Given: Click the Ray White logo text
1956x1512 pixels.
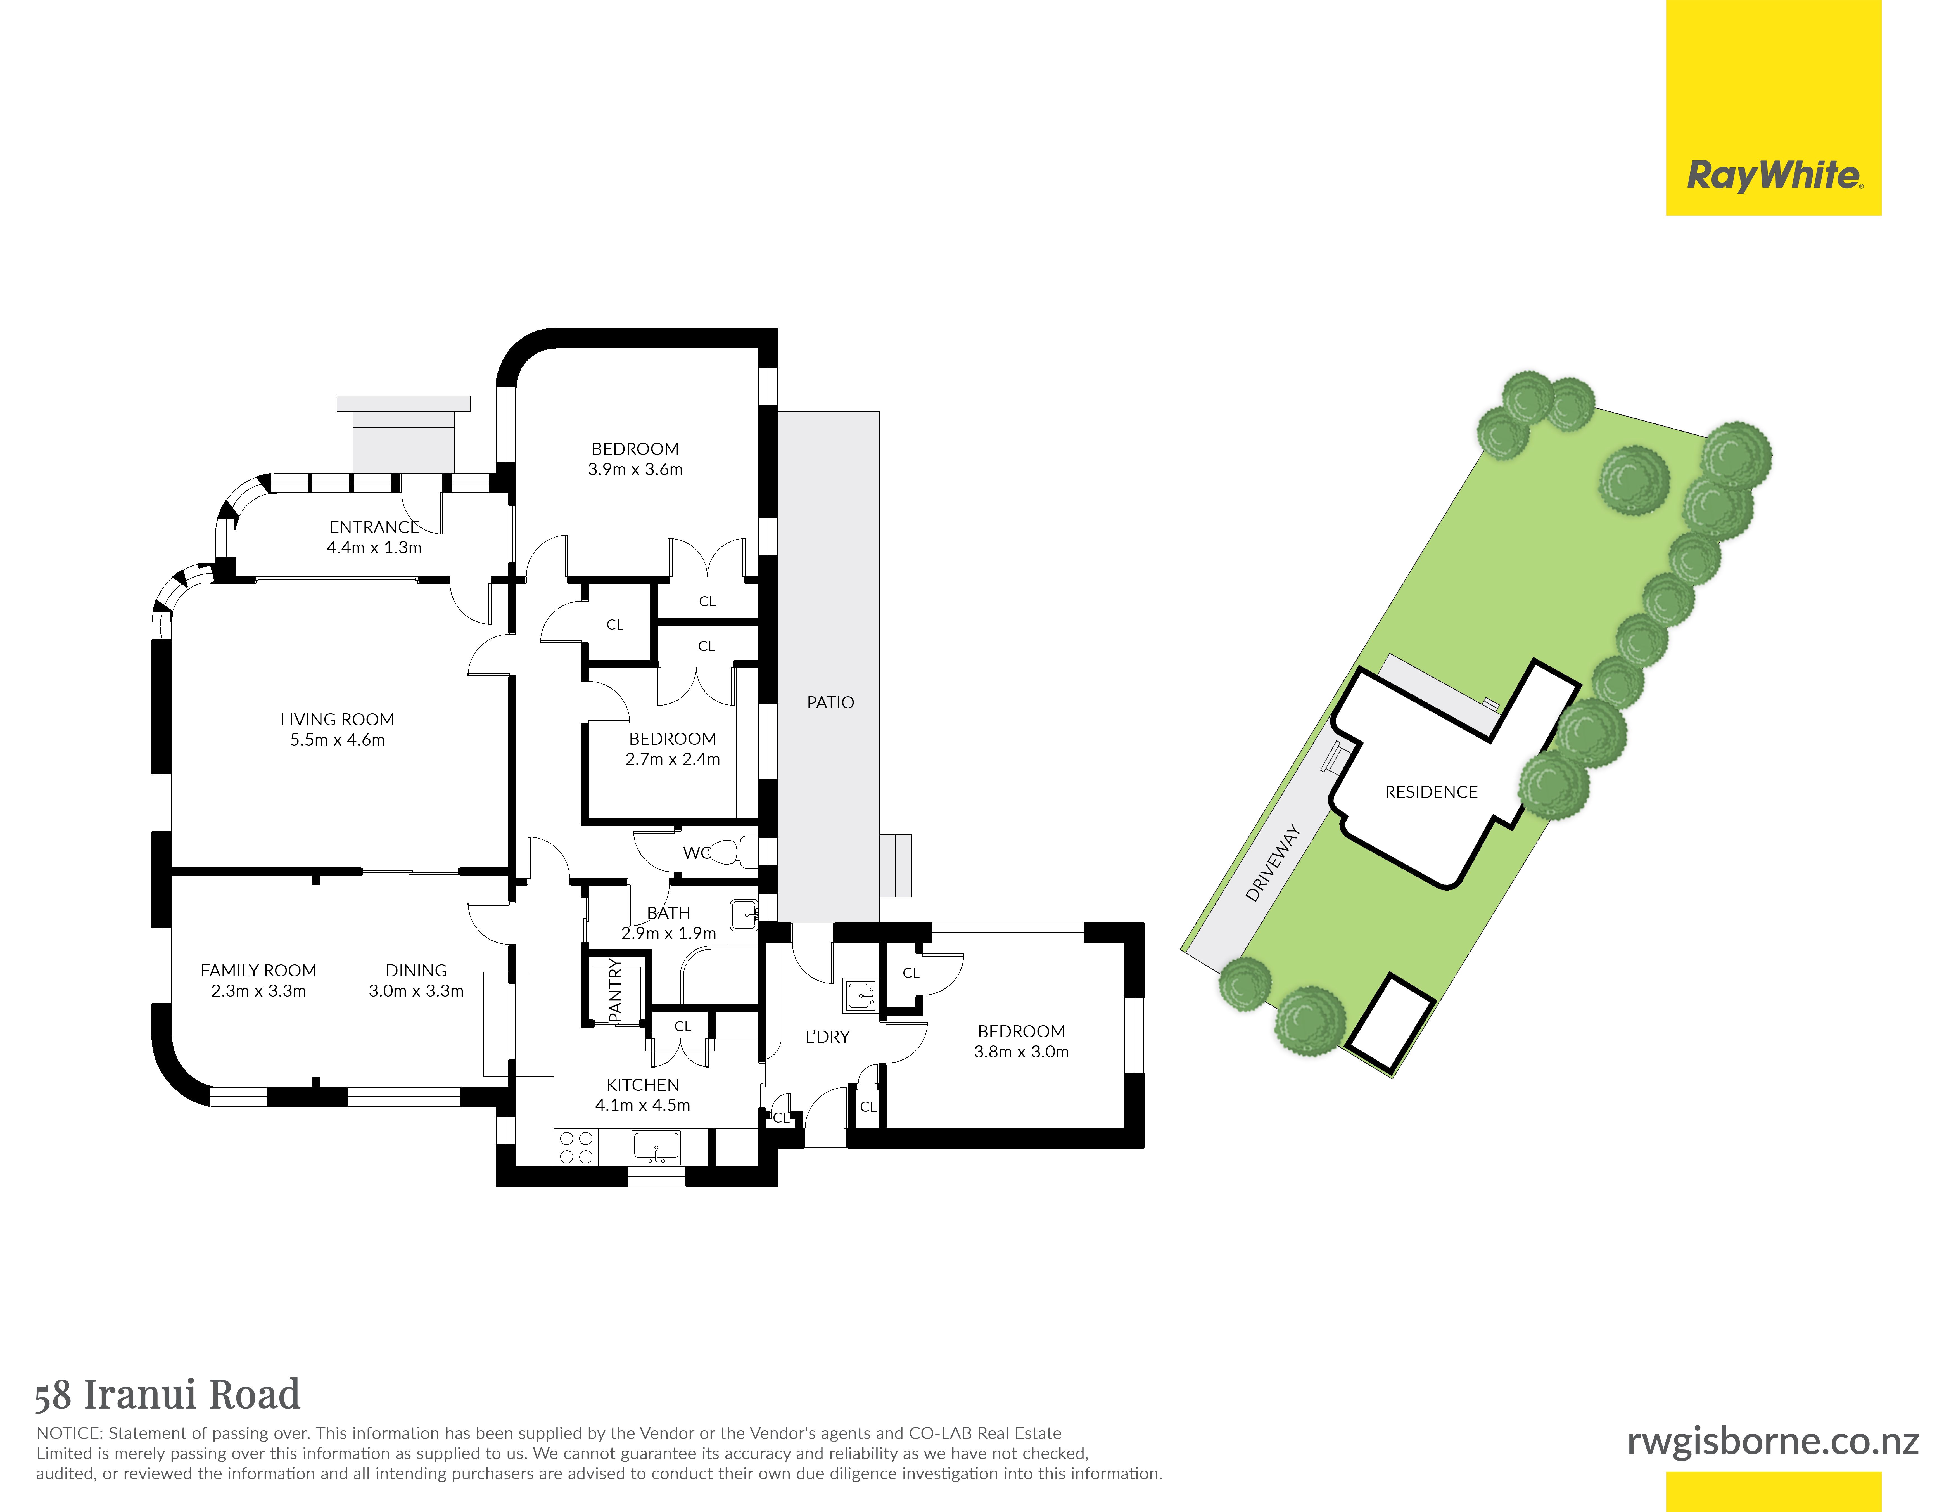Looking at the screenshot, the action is (x=1774, y=176).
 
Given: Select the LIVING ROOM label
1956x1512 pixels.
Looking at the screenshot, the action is (x=337, y=719).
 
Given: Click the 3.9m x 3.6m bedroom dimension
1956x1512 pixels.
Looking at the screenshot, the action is (x=635, y=469).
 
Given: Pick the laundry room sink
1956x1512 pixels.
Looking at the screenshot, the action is (x=860, y=994).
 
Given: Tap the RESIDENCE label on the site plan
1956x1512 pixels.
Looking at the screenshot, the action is (x=1431, y=792).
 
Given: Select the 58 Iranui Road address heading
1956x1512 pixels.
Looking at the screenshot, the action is (x=167, y=1395).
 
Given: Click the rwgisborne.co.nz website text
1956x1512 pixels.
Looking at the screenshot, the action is (x=1772, y=1441).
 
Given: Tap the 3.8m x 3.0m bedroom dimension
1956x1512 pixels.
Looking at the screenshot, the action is (x=1021, y=1052).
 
